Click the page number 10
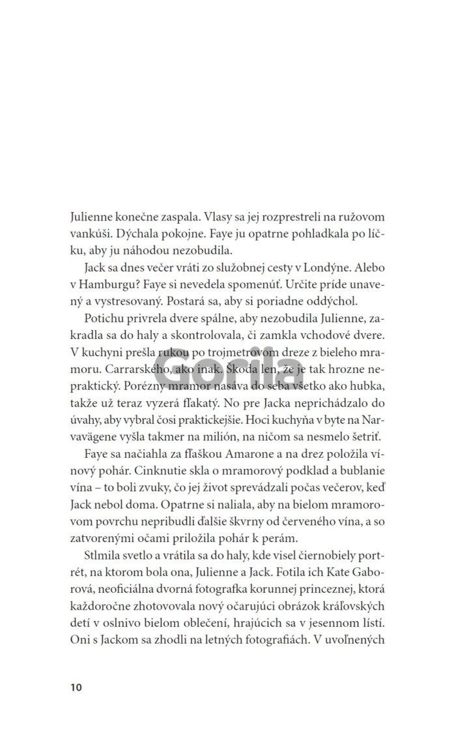73,687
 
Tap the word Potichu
105,318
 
